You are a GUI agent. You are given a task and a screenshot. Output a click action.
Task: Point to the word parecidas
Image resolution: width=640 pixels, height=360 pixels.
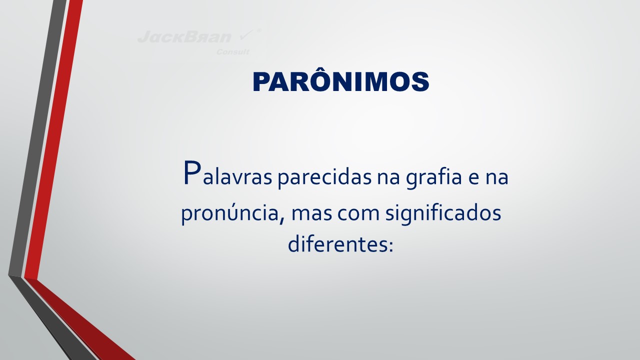pyautogui.click(x=324, y=177)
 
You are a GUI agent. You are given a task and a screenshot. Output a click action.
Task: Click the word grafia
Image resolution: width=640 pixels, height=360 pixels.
pyautogui.click(x=434, y=177)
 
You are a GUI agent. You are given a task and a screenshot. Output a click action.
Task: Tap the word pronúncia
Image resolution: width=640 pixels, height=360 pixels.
pyautogui.click(x=230, y=213)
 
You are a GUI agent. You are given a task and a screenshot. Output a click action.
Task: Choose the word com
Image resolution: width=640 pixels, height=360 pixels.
pyautogui.click(x=358, y=214)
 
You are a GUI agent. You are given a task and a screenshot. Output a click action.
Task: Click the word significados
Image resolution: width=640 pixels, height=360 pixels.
pyautogui.click(x=443, y=213)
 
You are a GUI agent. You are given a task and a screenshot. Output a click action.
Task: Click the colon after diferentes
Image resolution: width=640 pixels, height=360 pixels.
pyautogui.click(x=390, y=246)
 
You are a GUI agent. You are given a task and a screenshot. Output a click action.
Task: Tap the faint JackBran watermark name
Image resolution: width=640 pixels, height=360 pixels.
pyautogui.click(x=184, y=37)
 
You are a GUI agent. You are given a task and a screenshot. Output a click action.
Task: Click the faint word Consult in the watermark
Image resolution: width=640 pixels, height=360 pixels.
pyautogui.click(x=232, y=52)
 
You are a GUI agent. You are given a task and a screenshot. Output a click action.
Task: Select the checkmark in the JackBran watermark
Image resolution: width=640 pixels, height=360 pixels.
pyautogui.click(x=246, y=35)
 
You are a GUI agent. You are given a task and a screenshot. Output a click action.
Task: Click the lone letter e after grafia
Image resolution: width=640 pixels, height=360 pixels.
pyautogui.click(x=473, y=178)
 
